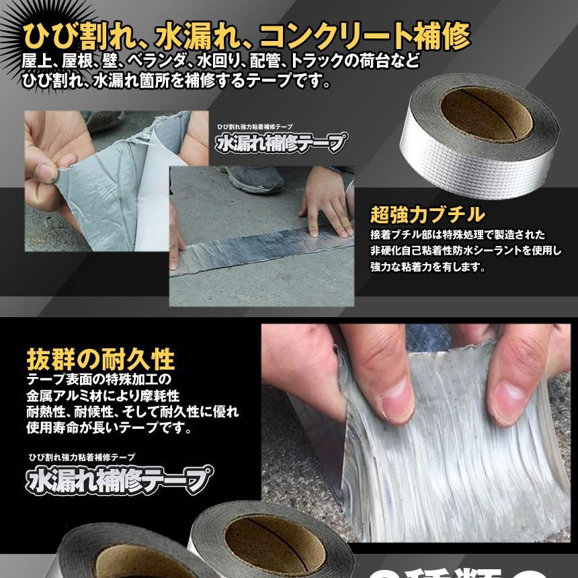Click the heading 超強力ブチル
427,214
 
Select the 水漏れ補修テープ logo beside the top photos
281,143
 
